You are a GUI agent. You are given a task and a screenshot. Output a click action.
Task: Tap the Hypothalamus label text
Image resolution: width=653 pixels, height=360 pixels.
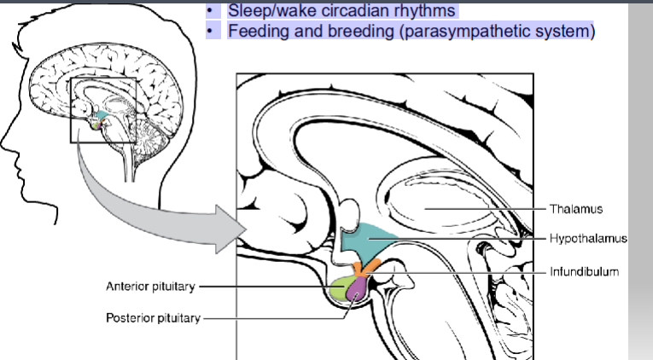pos(589,240)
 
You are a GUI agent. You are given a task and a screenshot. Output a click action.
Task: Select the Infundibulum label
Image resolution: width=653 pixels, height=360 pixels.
pos(586,271)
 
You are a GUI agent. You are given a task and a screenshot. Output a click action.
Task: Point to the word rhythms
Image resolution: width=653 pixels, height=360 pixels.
pos(423,11)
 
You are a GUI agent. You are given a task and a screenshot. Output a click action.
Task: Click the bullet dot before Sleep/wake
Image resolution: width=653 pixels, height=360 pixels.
pos(209,12)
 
